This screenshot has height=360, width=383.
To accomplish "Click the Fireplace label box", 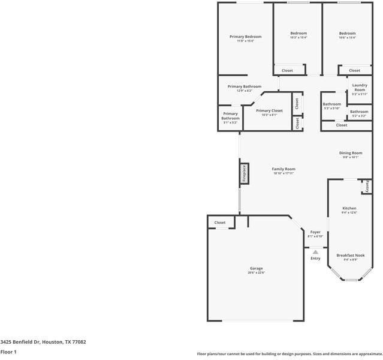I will coord(244,173).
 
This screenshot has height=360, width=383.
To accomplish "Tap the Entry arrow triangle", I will coord(315,252).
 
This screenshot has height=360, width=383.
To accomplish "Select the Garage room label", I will coord(256,268).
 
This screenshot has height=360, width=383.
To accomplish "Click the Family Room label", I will coord(284,169).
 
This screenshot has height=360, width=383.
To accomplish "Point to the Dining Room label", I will coord(352,153).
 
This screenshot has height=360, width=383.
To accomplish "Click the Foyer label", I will coord(315,232).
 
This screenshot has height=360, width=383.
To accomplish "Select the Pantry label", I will coord(367,186).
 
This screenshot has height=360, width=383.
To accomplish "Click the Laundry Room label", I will coord(360,87).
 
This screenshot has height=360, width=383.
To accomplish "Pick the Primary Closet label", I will coord(269,110).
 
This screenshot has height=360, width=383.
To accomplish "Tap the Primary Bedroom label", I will coord(245,37).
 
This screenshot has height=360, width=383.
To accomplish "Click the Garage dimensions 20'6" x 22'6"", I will coord(256,273).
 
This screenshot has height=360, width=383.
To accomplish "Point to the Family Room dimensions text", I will coord(284,174).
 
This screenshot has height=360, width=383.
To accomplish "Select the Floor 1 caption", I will coord(8,352).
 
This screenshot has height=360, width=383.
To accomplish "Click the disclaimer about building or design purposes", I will coord(289,353).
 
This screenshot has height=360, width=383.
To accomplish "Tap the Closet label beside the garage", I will coord(220,223).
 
